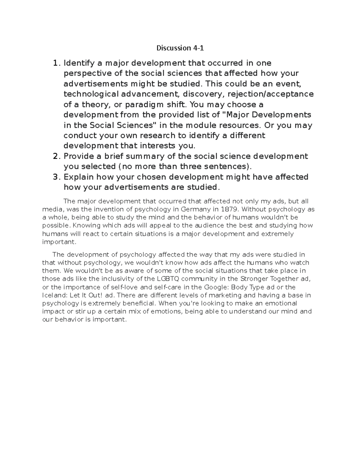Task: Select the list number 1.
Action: coord(55,63)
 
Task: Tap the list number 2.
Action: coord(55,156)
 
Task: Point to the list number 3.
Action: coord(55,177)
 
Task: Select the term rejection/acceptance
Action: coord(271,94)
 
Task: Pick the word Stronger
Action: coord(254,279)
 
